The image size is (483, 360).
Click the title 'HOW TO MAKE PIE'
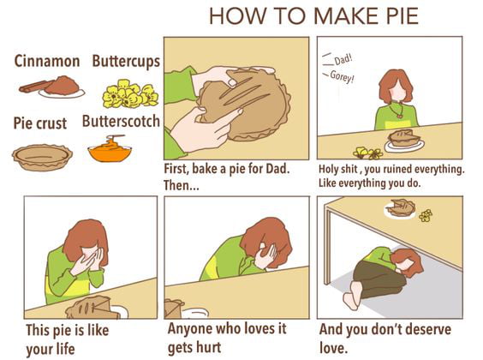point(313,16)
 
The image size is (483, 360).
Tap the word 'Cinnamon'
point(47,61)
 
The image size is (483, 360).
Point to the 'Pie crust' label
point(39,123)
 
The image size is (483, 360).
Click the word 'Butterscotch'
point(121,122)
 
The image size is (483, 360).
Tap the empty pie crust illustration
point(41,156)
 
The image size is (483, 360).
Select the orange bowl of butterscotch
point(110,151)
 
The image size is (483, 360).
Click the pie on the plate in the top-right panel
point(403,137)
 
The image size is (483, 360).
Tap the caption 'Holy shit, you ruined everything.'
point(391,169)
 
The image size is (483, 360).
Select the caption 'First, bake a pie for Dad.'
point(226,168)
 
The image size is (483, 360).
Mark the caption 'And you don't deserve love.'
point(382,338)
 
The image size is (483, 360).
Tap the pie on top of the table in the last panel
point(400,207)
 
